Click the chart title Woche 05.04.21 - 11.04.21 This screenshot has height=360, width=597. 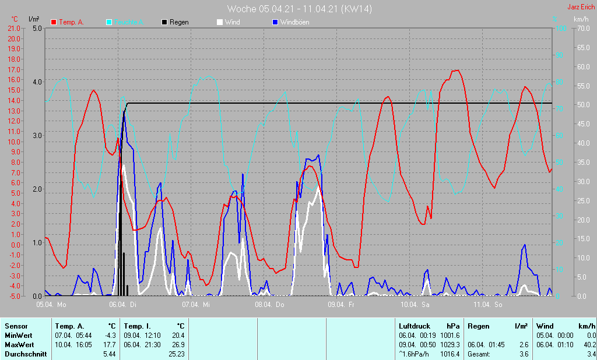[x=299, y=9]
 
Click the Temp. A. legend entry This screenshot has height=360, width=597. [x=68, y=22]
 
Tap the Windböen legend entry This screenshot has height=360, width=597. [x=290, y=22]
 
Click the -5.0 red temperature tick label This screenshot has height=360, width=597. [x=13, y=296]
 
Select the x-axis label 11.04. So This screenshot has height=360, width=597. [x=489, y=305]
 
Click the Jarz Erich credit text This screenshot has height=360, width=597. [x=581, y=7]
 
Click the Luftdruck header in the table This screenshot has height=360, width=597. [x=413, y=326]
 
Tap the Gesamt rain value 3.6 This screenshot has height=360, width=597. [x=523, y=354]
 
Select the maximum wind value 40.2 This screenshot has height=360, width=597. [x=589, y=344]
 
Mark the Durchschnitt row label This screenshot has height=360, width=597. [x=26, y=354]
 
